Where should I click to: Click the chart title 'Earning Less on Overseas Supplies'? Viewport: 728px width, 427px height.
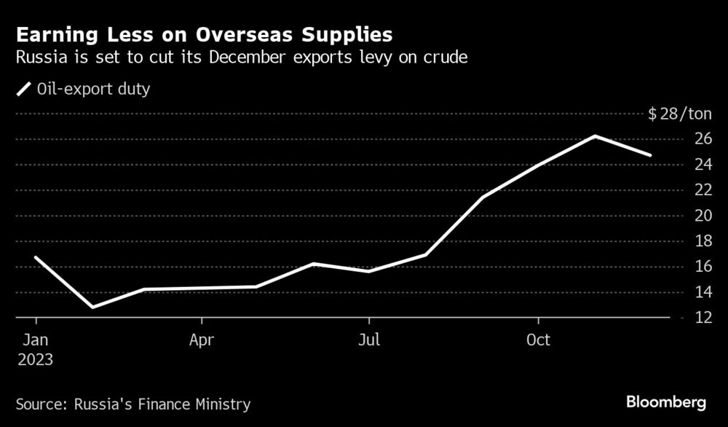point(205,34)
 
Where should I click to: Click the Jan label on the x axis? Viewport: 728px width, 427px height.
point(35,340)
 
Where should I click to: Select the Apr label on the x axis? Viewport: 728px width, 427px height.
point(202,340)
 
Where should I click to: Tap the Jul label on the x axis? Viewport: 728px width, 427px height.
point(369,340)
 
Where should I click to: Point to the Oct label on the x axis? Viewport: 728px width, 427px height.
point(537,340)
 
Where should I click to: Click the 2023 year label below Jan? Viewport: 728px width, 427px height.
point(36,359)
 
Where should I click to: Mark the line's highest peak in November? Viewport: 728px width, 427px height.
point(595,136)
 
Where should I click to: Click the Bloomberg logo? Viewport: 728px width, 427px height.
point(665,402)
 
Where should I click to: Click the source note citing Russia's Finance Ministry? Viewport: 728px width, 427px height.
point(132,403)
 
